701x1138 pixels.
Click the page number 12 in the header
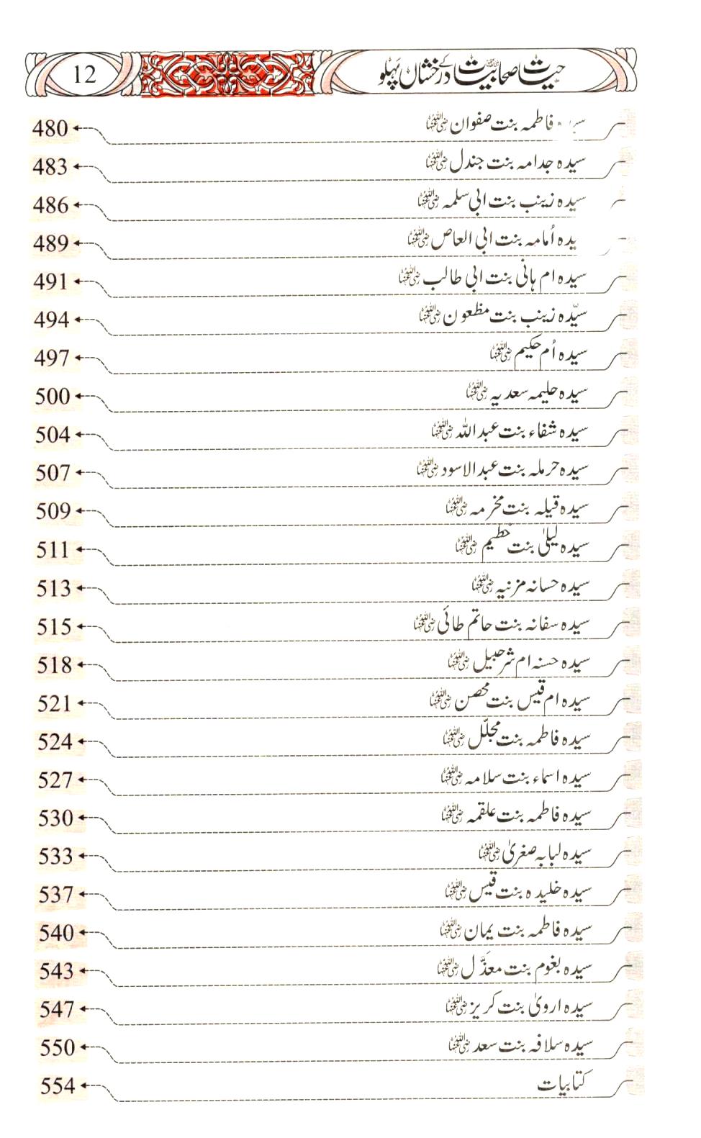point(84,74)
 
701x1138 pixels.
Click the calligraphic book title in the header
point(471,75)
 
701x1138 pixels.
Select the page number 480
point(50,129)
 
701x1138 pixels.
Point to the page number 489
point(50,243)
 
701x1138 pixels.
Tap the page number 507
point(53,473)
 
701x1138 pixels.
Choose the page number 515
point(54,626)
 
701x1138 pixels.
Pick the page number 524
point(55,741)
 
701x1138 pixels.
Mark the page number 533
point(55,856)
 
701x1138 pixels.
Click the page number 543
point(56,971)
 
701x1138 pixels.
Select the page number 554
point(58,1085)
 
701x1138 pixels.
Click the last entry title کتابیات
point(566,1082)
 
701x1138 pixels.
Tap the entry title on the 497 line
point(539,353)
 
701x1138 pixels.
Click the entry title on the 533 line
point(535,854)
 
